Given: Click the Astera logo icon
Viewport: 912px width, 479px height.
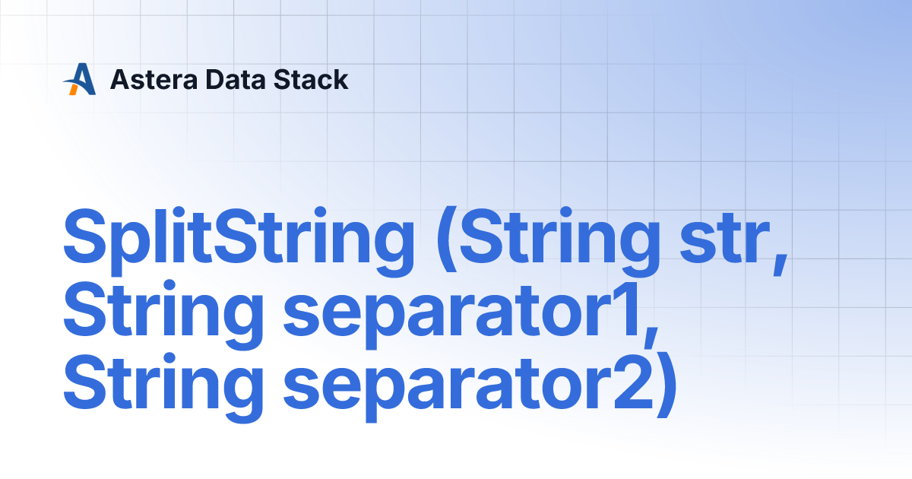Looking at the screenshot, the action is pos(79,79).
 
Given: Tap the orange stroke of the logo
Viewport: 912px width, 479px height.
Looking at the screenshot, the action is pos(74,89).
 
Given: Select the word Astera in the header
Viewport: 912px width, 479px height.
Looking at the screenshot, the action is pos(154,79).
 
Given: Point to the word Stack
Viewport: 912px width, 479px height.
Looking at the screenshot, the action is pos(311,79).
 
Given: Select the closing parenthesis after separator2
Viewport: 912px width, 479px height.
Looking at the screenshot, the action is pos(667,386).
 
